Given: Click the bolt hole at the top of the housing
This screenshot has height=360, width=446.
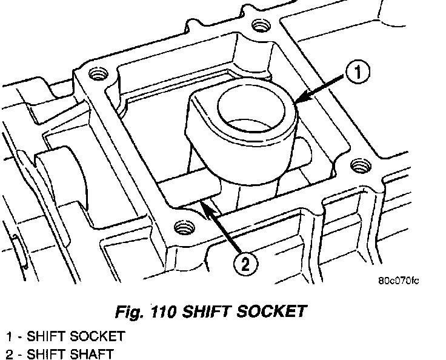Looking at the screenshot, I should (x=261, y=25).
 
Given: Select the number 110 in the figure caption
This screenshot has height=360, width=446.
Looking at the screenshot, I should (x=162, y=312).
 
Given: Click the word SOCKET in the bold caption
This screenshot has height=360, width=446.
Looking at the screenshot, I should (x=268, y=312).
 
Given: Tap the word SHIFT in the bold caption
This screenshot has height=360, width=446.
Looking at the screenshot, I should (x=206, y=312).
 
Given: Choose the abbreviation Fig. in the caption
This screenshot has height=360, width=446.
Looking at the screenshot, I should (x=130, y=312).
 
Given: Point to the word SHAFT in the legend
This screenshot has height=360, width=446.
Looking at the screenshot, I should (x=96, y=353).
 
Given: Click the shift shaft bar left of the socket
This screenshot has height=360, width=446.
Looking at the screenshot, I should (x=182, y=188).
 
